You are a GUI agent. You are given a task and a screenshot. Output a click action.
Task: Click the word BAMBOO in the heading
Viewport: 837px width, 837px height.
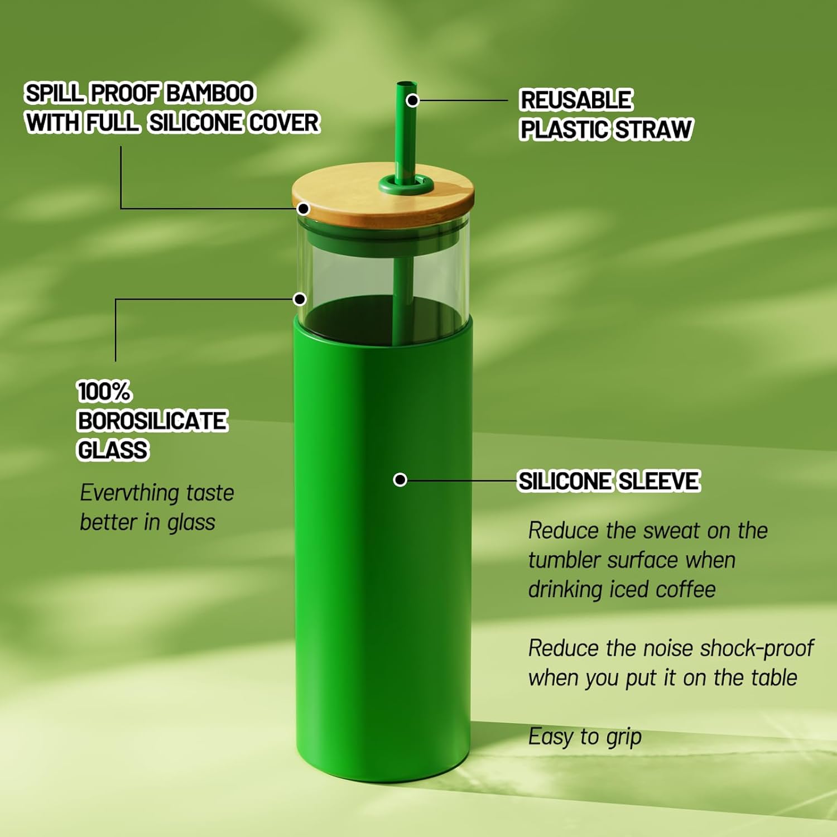click(210, 93)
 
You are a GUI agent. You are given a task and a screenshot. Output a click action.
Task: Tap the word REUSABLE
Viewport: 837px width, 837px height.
click(576, 100)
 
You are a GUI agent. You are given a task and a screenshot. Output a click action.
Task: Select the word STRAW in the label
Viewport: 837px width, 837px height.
click(653, 129)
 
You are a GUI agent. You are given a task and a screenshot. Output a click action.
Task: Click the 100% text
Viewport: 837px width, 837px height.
click(104, 392)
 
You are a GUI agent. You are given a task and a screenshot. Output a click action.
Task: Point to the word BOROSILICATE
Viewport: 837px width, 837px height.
click(152, 421)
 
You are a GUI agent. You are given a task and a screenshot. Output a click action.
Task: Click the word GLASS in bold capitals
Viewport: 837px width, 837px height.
click(113, 450)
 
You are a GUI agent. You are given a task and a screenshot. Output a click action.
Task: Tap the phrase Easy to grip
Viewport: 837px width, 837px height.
click(585, 737)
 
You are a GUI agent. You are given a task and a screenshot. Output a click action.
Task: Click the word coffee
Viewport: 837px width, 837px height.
click(686, 589)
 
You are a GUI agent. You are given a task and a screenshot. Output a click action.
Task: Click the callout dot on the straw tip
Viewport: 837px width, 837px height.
click(412, 100)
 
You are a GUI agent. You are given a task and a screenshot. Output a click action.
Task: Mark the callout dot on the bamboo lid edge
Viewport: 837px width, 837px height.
click(303, 209)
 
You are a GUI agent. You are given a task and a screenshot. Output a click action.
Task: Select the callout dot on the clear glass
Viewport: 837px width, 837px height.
click(300, 299)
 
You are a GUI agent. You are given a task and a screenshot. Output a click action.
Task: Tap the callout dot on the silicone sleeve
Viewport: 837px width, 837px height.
click(400, 480)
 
